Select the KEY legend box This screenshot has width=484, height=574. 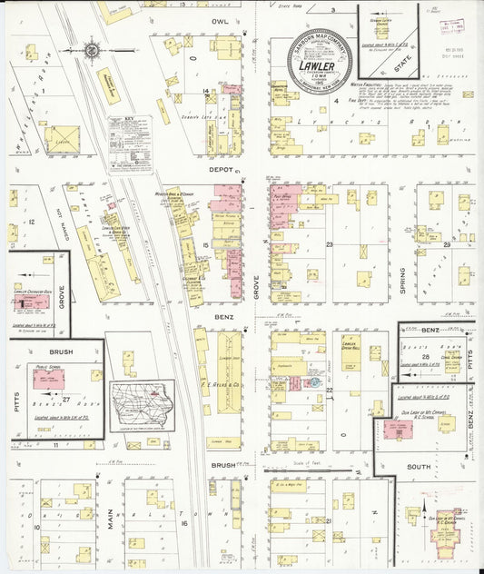(x=130, y=143)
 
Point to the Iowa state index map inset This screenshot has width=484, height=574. (x=143, y=405)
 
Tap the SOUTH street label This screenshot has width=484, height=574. (x=419, y=467)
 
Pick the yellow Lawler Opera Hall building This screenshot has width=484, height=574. (x=351, y=353)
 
